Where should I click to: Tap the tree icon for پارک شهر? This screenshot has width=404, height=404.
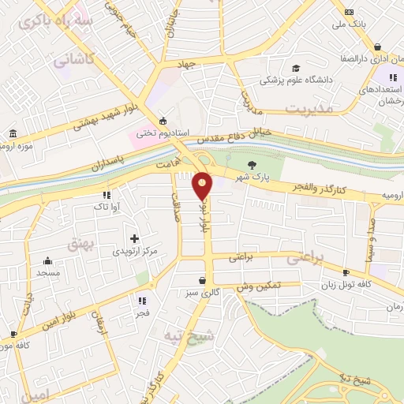(252, 165)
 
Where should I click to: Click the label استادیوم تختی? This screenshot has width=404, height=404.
(163, 133)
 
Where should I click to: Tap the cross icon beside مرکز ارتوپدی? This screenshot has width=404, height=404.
(134, 238)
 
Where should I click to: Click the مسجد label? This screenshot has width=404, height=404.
(47, 272)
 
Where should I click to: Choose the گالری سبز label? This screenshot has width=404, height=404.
(204, 293)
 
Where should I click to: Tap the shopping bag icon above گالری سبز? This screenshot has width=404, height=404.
(204, 280)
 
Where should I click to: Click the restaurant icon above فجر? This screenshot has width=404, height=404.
(143, 300)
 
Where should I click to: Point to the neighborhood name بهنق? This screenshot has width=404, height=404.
(81, 244)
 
